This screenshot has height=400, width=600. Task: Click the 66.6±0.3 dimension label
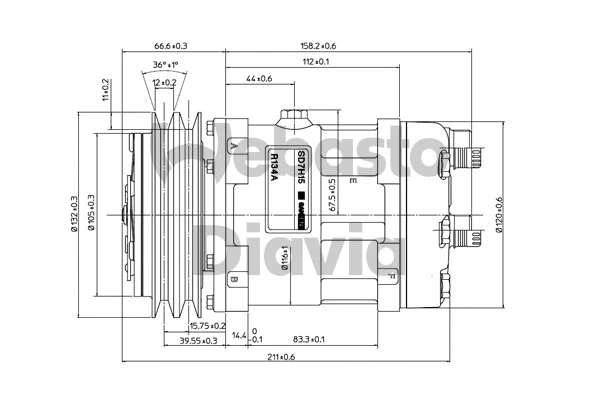point(171,46)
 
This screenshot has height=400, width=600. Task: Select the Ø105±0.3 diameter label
point(91,212)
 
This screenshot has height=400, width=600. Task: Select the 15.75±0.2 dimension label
point(207,326)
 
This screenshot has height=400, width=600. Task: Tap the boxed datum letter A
point(234,147)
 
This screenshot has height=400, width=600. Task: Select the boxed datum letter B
point(234,279)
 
